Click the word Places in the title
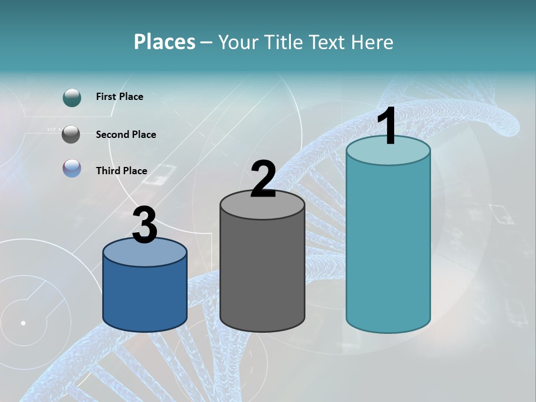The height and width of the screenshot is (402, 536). click(165, 42)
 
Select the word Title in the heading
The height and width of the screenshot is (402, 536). click(284, 42)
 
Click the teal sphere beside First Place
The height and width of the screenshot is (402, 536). click(72, 97)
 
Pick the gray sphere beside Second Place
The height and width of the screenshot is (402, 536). click(71, 135)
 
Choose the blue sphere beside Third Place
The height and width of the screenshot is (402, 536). click(72, 169)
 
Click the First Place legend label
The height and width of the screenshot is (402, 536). click(119, 97)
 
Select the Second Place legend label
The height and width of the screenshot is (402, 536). click(126, 135)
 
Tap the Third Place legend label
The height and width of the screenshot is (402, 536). click(122, 171)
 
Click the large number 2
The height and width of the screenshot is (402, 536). click(263, 179)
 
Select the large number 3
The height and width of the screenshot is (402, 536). click(145, 226)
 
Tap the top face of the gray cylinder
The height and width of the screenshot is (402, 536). click(262, 205)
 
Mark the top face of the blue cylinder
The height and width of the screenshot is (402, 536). click(145, 253)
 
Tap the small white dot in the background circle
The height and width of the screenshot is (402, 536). click(23, 323)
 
